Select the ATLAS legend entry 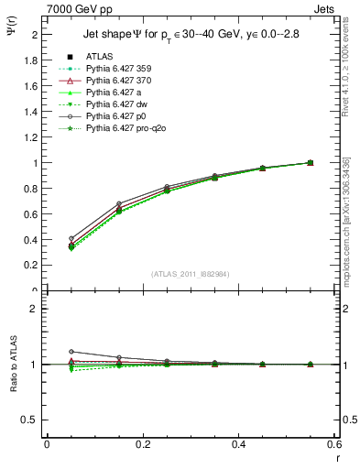(100, 58)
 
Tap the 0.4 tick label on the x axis (239, 443)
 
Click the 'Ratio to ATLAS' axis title (12, 365)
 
